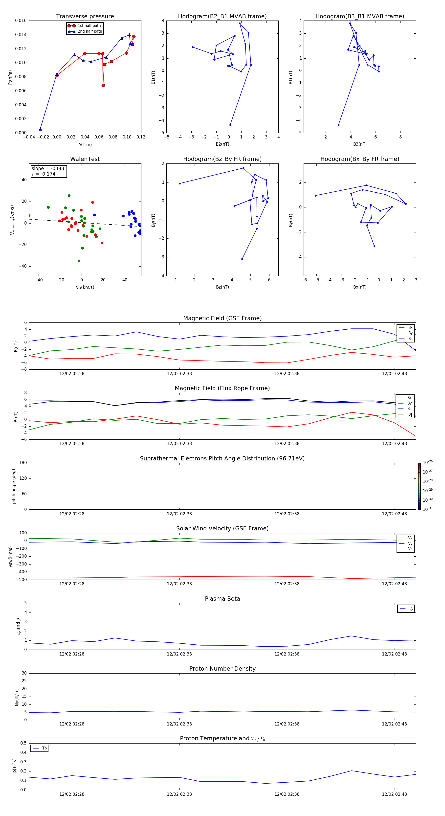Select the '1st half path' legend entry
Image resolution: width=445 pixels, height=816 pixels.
(x=89, y=26)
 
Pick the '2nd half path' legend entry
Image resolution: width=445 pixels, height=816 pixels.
(x=90, y=31)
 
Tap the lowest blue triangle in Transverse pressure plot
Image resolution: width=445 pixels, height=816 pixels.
(x=40, y=129)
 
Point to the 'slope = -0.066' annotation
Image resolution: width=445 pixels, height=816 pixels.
(x=48, y=169)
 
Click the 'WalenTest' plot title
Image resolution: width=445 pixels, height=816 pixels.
(x=85, y=159)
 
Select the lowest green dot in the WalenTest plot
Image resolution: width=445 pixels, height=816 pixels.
(x=79, y=261)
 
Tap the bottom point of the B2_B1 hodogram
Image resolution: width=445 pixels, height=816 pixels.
(x=230, y=125)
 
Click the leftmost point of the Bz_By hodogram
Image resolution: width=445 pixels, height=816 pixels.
(x=180, y=183)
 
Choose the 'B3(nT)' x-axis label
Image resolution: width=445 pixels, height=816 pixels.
(x=360, y=144)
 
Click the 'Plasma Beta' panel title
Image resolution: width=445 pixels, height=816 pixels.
(x=222, y=599)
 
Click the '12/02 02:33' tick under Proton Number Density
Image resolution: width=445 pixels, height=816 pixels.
(x=179, y=724)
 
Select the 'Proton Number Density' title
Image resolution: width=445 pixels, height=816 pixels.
(x=222, y=669)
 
